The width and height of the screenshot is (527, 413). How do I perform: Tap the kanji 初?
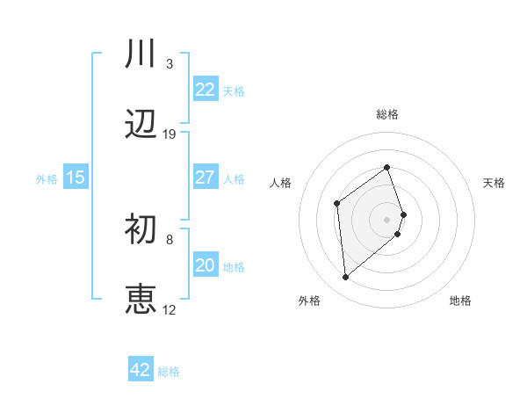[141, 231]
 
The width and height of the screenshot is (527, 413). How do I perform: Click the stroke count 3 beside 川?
[169, 64]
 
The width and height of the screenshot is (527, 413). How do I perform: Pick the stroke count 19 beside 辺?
[170, 134]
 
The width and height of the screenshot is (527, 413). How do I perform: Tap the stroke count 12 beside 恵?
[170, 309]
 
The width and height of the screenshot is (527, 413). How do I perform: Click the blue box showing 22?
[206, 90]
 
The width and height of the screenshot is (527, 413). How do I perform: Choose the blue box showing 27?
[206, 178]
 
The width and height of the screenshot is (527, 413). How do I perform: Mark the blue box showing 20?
[206, 265]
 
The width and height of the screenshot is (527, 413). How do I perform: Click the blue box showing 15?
[76, 178]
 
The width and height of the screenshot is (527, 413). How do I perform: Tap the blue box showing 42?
[141, 370]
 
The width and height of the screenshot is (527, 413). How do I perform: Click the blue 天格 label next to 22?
[234, 91]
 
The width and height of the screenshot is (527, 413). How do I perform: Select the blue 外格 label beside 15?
[47, 178]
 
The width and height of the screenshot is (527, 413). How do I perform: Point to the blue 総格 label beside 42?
[169, 371]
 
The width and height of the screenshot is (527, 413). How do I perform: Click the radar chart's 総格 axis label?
[387, 114]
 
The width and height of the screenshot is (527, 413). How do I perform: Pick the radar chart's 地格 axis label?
[460, 301]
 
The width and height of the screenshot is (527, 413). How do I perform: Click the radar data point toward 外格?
[346, 278]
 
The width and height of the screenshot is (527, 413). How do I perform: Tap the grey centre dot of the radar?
[387, 218]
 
